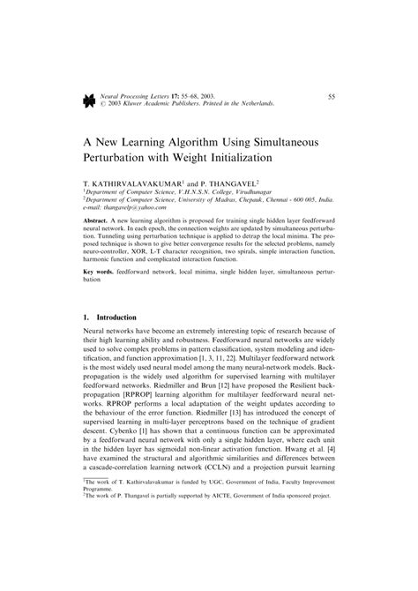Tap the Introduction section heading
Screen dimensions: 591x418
pos(116,316)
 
